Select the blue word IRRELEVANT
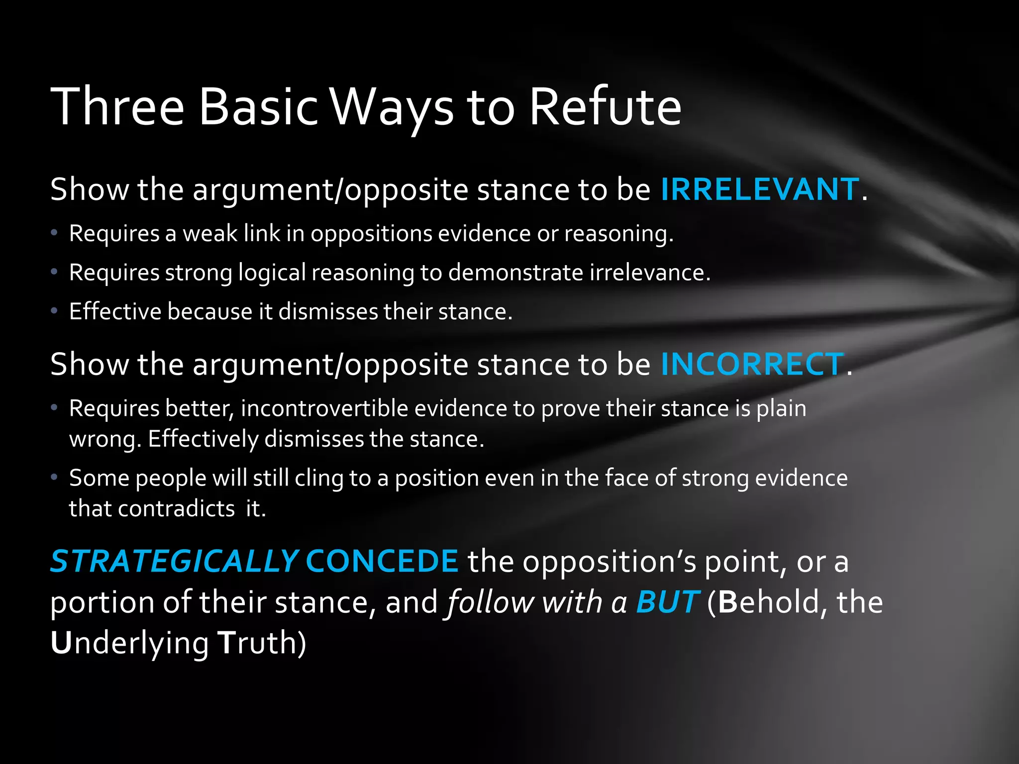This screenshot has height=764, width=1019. (759, 190)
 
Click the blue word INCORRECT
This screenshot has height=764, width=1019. (752, 364)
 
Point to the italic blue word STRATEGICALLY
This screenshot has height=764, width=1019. (174, 562)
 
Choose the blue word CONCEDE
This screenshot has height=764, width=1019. (382, 562)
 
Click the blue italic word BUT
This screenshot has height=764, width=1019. (668, 602)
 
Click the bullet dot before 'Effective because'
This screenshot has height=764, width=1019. (54, 311)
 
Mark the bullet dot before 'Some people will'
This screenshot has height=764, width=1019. (54, 477)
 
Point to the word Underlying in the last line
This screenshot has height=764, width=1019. (129, 643)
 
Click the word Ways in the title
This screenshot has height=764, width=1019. (392, 106)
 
